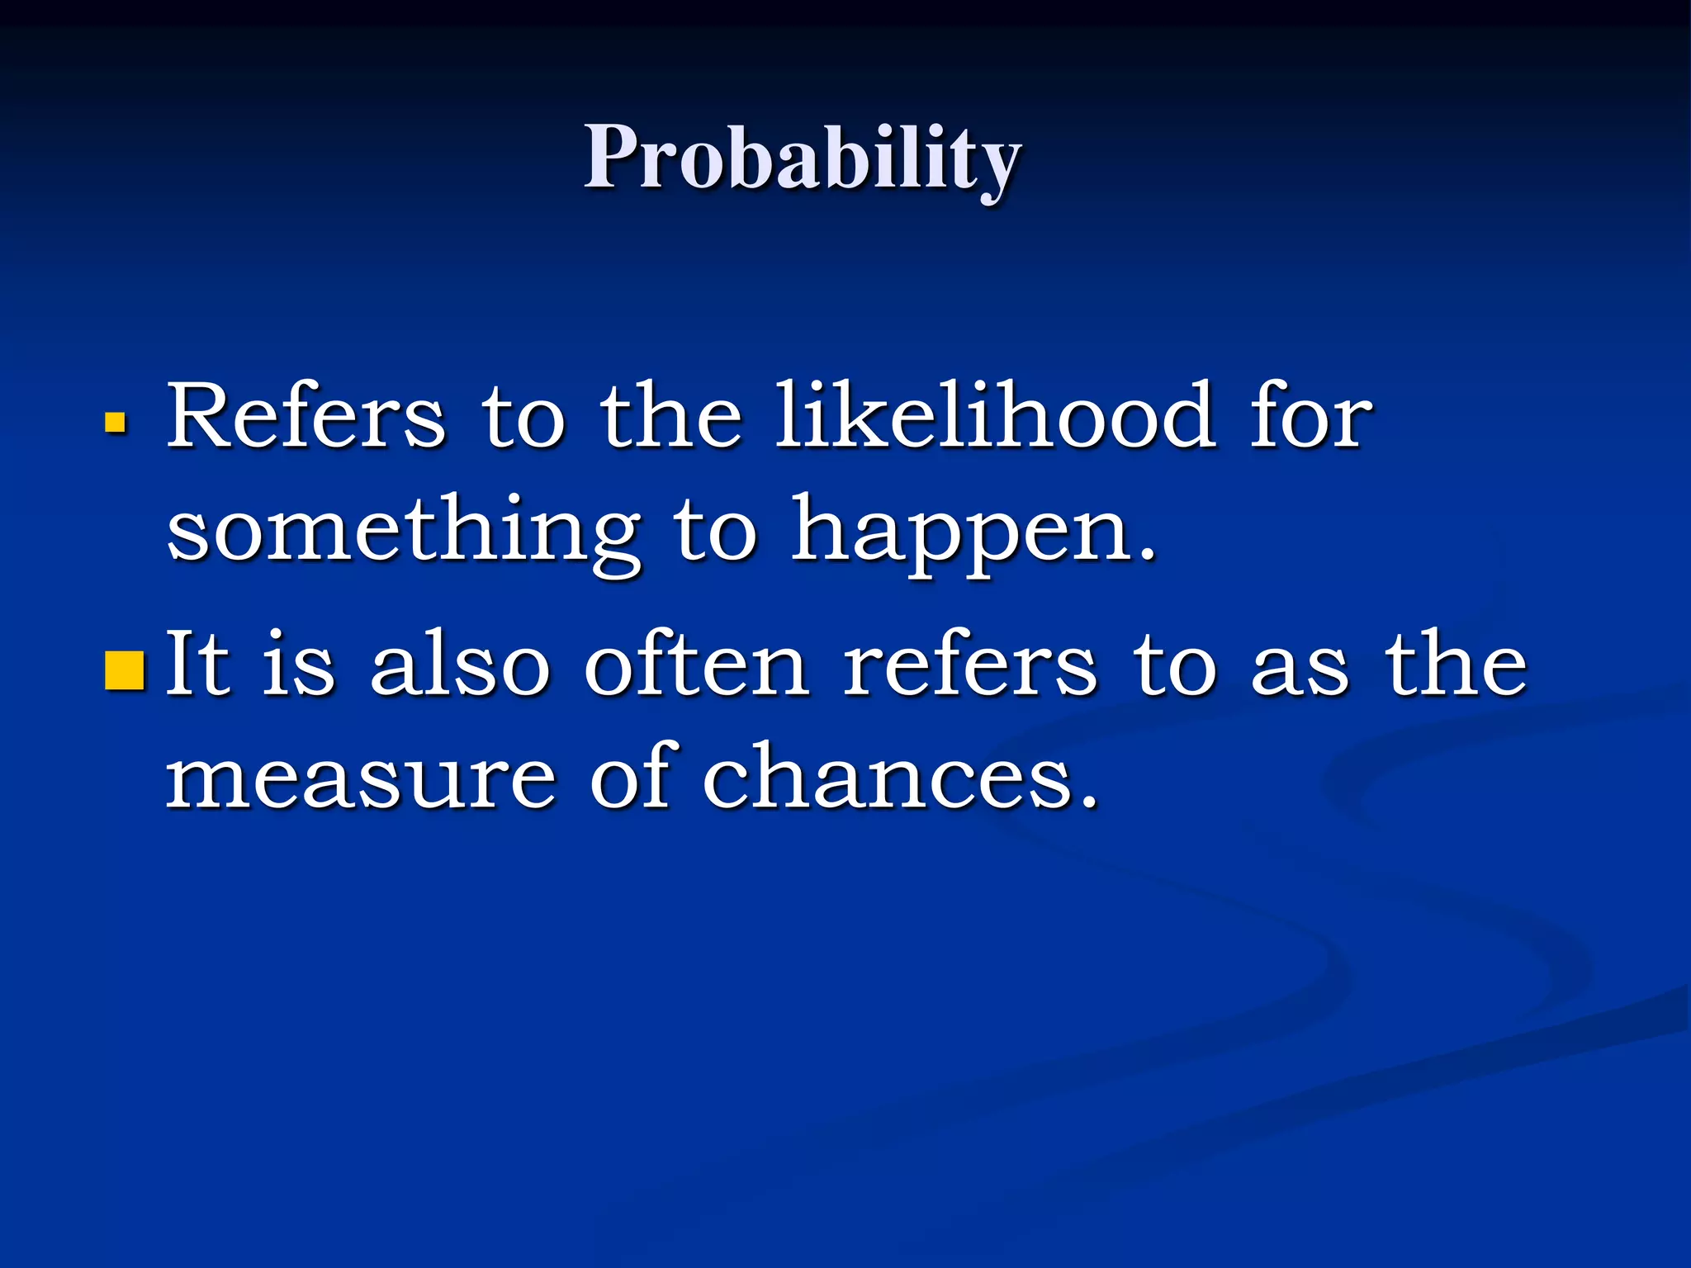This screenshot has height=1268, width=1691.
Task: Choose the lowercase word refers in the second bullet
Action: click(971, 665)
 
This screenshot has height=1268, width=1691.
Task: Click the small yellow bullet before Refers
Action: click(116, 423)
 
